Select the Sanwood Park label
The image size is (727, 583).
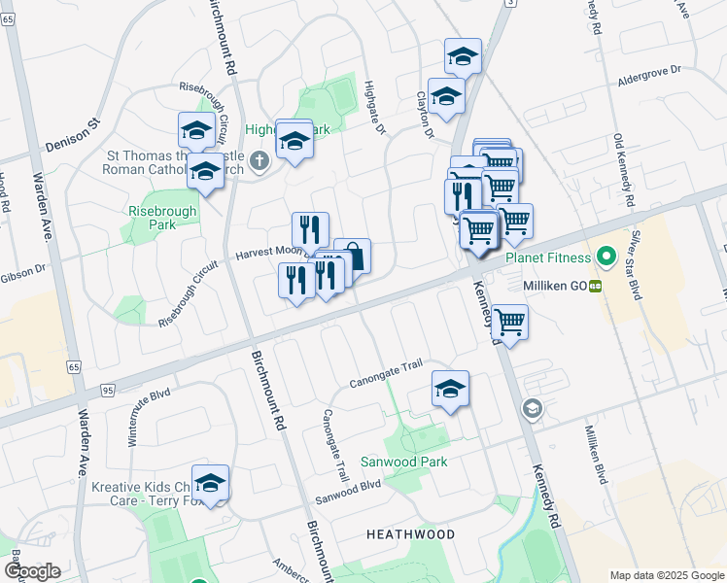(x=404, y=462)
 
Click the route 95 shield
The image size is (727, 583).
(x=107, y=390)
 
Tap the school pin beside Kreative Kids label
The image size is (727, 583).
(x=210, y=483)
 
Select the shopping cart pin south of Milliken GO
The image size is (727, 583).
(x=509, y=322)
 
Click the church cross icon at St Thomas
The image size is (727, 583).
(x=259, y=161)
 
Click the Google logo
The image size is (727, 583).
(x=32, y=571)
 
